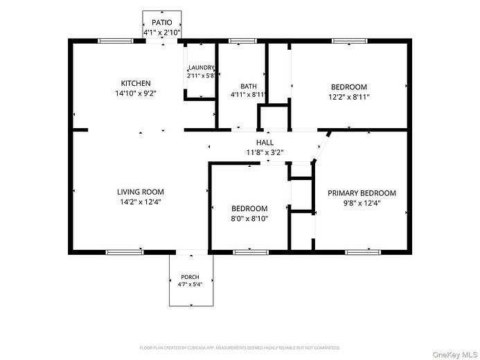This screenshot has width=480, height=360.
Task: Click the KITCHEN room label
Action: (136, 83)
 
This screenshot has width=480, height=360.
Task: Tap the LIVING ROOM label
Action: (141, 192)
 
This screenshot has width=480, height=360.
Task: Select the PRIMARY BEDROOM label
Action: (362, 193)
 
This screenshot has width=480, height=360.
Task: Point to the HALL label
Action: (265, 142)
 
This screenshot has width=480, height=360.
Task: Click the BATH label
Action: (249, 87)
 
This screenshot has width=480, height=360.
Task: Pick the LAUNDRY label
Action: (201, 68)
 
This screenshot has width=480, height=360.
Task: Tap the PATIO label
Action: (162, 22)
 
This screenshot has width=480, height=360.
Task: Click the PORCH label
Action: (190, 277)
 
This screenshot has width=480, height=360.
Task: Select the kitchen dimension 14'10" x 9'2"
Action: (136, 93)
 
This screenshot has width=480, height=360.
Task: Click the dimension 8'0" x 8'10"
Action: (249, 219)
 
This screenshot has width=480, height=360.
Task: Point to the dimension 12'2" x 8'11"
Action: (349, 97)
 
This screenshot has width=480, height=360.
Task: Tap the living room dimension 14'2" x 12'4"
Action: (141, 202)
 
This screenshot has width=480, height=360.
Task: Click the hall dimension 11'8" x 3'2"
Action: (265, 152)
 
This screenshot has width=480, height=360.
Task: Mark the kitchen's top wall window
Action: (116, 41)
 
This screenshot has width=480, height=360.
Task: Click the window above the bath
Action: (242, 41)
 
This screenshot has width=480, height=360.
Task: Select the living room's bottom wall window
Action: (125, 252)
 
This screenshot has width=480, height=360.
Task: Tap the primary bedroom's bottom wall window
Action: (363, 252)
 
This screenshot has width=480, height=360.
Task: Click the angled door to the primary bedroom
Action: (321, 147)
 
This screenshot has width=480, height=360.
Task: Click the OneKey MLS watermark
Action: (455, 354)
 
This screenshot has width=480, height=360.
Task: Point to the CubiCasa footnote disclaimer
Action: (240, 348)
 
